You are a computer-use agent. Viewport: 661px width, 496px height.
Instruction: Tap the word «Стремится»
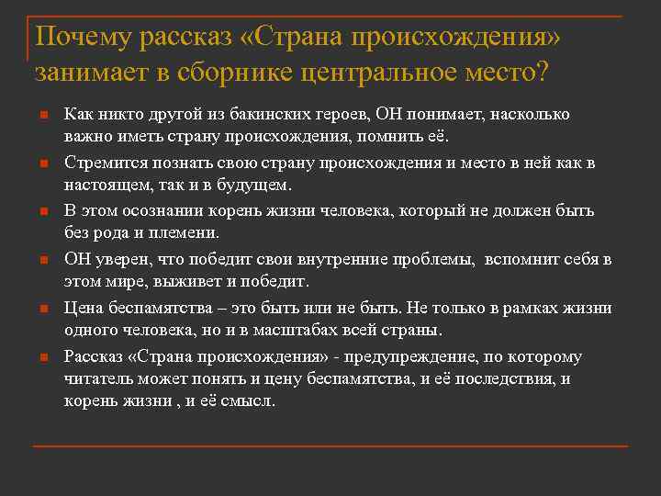[x=100, y=163]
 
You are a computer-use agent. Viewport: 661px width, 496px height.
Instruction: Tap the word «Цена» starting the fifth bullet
[x=81, y=307]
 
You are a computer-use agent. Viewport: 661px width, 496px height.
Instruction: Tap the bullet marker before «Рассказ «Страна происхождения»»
[x=43, y=357]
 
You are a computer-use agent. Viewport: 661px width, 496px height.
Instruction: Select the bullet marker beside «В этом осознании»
[x=43, y=212]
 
